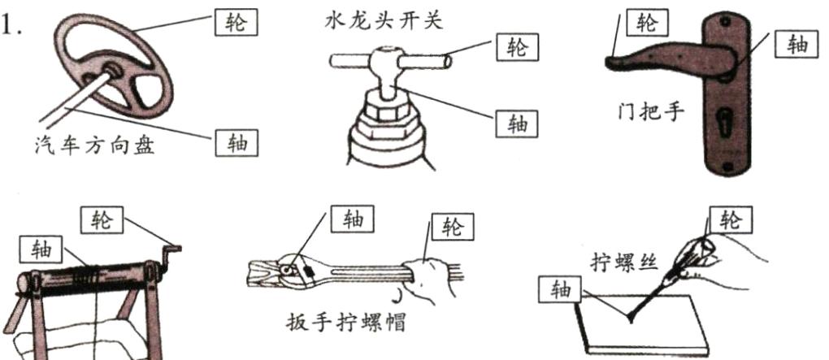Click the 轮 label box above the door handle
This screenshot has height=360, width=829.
click(647, 23)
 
